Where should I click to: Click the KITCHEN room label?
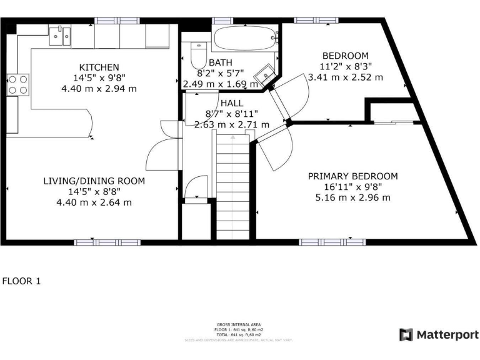coord(99,67)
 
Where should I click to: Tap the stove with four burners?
coord(17,84)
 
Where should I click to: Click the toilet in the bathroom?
coord(198,54)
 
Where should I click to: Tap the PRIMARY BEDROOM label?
coord(352,176)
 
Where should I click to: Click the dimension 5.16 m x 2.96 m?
coord(352,197)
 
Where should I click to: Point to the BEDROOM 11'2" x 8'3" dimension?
coord(345,67)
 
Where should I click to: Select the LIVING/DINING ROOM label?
coord(94,181)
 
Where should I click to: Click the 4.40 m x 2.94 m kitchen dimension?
coord(99,88)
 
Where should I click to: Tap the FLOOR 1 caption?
coord(21,281)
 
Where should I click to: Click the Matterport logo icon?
coord(406,334)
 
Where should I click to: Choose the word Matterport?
coord(447,334)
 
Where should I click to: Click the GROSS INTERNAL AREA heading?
coord(239,325)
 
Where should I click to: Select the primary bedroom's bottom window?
coord(323,242)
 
